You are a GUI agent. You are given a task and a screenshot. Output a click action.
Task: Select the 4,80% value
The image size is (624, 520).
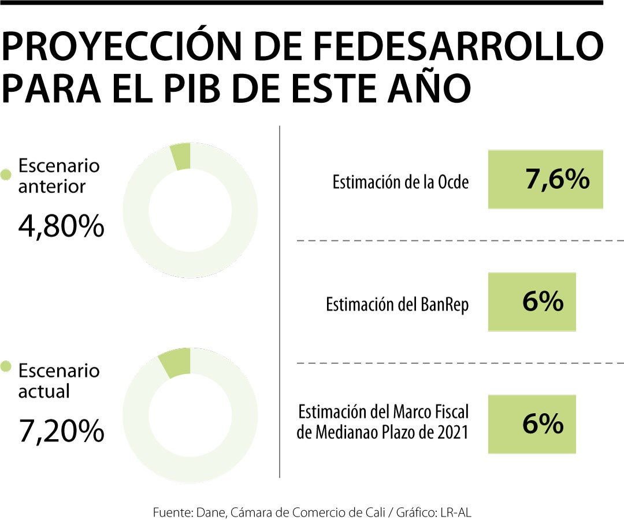pyautogui.click(x=61, y=227)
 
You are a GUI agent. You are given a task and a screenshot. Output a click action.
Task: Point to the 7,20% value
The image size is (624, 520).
pyautogui.click(x=61, y=432)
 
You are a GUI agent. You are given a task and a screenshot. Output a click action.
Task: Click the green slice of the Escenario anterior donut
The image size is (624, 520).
pyautogui.click(x=181, y=157)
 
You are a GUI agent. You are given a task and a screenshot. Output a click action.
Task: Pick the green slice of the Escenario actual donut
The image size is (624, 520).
pyautogui.click(x=175, y=362)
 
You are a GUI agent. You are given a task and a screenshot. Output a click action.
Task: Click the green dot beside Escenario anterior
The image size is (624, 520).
pyautogui.click(x=6, y=174)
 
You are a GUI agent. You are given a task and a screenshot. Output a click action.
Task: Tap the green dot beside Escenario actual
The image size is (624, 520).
pyautogui.click(x=6, y=366)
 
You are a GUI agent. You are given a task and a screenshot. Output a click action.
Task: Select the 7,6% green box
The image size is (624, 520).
pyautogui.click(x=545, y=180)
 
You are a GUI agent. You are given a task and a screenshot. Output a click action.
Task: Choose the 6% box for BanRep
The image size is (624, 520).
pyautogui.click(x=532, y=302)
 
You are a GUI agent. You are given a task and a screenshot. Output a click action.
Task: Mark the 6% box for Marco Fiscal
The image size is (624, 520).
pyautogui.click(x=532, y=424)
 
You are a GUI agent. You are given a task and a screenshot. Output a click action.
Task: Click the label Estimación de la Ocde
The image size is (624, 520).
pyautogui.click(x=400, y=183)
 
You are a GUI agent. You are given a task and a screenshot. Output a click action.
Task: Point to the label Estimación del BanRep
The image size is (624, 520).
pyautogui.click(x=397, y=304)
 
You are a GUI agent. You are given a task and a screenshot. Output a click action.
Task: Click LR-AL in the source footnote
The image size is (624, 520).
pyautogui.click(x=459, y=511)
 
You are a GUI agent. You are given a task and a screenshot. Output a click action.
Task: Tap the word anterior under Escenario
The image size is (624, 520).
pyautogui.click(x=52, y=187)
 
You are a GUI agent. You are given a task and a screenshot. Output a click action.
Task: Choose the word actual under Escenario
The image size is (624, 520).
pyautogui.click(x=44, y=391)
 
